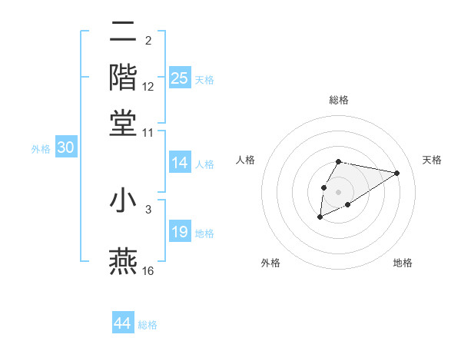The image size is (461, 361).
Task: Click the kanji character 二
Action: point(123,34)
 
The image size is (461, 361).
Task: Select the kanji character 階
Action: point(123,78)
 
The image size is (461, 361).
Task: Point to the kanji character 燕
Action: point(123,262)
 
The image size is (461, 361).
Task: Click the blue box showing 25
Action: point(180,78)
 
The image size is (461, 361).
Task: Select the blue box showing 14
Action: point(180,163)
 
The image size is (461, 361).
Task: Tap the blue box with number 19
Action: point(180,233)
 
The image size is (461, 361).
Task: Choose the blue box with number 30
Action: point(65,148)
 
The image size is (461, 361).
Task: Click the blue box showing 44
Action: point(123,323)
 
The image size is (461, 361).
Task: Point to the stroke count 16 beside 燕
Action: point(149,270)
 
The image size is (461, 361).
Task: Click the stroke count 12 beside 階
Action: point(148,87)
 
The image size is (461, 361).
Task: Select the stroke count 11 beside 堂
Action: point(148,132)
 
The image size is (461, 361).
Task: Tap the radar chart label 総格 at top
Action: point(339,100)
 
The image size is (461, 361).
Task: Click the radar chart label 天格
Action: point(432,160)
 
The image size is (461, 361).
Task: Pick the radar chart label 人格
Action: point(246,160)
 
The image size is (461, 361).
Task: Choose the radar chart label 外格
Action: point(270,263)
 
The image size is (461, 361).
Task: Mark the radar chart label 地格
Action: point(403,263)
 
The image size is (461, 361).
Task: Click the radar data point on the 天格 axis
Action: point(397,172)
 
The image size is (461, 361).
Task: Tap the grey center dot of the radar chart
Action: point(339,191)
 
